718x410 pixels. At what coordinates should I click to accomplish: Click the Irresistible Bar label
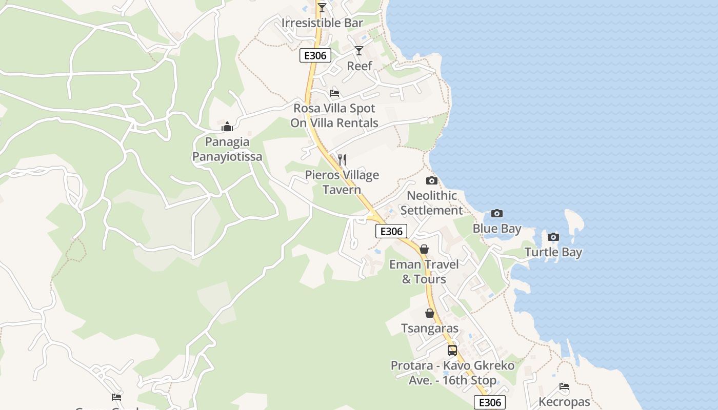point(322,23)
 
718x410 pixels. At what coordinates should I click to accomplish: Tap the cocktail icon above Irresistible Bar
point(322,8)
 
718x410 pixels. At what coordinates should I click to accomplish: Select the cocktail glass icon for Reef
point(359,50)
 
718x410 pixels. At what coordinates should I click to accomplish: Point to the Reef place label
point(359,66)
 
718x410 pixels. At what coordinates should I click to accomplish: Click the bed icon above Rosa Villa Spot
point(334,93)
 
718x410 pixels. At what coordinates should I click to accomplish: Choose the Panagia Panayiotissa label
point(227,149)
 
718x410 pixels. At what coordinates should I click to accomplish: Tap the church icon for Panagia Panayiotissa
point(227,127)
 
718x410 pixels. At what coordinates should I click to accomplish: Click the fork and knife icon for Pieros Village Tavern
point(342,160)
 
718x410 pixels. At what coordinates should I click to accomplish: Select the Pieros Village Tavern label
point(342,182)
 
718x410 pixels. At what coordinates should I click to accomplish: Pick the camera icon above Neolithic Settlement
point(432,180)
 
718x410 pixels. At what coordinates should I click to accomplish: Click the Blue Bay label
point(497,229)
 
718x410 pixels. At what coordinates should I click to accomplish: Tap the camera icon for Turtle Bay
point(553,237)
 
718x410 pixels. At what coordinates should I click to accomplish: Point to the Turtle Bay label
point(553,252)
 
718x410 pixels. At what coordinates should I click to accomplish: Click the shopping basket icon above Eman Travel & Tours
point(424,250)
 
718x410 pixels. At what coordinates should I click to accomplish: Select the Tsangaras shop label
point(430,329)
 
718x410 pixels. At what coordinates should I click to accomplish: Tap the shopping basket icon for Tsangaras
point(430,313)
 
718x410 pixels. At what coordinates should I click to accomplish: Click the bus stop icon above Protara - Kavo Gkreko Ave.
point(452,351)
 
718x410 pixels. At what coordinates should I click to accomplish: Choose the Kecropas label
point(564,402)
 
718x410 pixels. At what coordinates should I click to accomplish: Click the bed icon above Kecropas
point(564,386)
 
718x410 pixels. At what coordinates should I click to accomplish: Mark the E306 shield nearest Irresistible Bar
point(315,56)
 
